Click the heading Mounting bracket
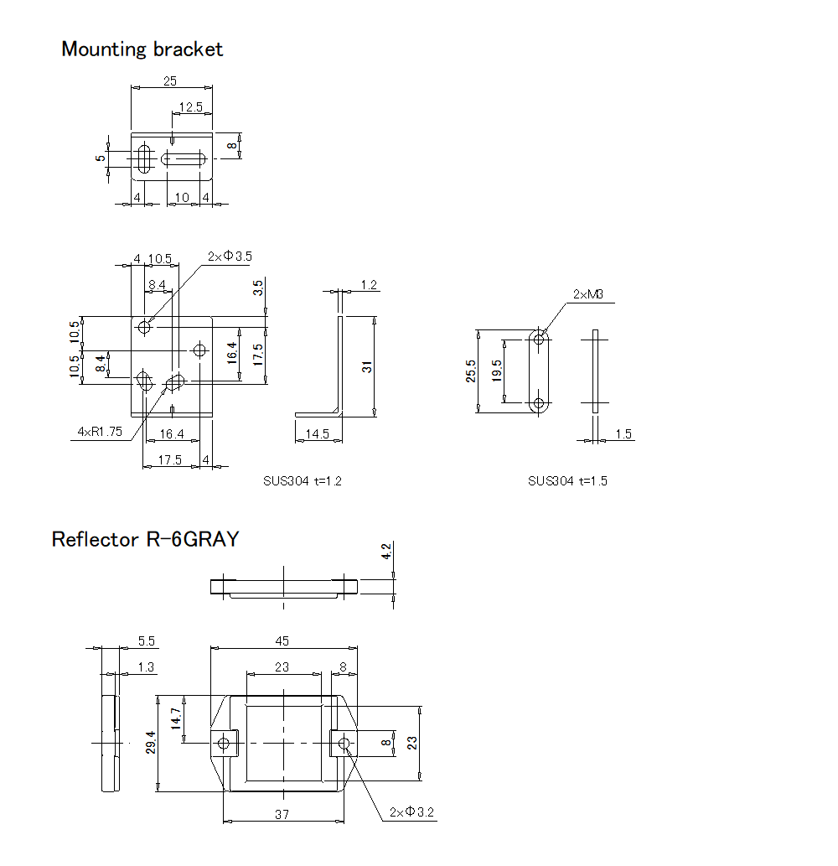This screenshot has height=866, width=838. pyautogui.click(x=142, y=49)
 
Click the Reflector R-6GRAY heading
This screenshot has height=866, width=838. pyautogui.click(x=145, y=539)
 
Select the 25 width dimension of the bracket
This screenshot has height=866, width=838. pyautogui.click(x=170, y=81)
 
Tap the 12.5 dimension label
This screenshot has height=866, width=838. pyautogui.click(x=190, y=107)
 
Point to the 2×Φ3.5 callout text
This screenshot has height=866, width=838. pyautogui.click(x=230, y=257)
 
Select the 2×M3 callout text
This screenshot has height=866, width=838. pyautogui.click(x=588, y=294)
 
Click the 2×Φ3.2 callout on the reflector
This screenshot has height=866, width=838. pyautogui.click(x=412, y=812)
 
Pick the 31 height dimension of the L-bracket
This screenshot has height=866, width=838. pyautogui.click(x=367, y=366)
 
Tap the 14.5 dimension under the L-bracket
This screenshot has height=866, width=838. pyautogui.click(x=317, y=433)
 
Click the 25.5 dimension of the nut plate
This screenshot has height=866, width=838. pyautogui.click(x=471, y=371)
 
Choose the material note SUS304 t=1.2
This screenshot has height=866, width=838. pyautogui.click(x=302, y=481)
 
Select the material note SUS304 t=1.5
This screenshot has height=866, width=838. pyautogui.click(x=567, y=481)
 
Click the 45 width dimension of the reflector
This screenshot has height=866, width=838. pyautogui.click(x=282, y=641)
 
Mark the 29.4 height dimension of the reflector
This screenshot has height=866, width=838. pyautogui.click(x=152, y=742)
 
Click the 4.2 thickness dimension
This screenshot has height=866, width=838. pyautogui.click(x=386, y=552)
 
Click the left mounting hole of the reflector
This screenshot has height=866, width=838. pyautogui.click(x=223, y=743)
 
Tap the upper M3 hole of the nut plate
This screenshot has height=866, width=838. pyautogui.click(x=540, y=338)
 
